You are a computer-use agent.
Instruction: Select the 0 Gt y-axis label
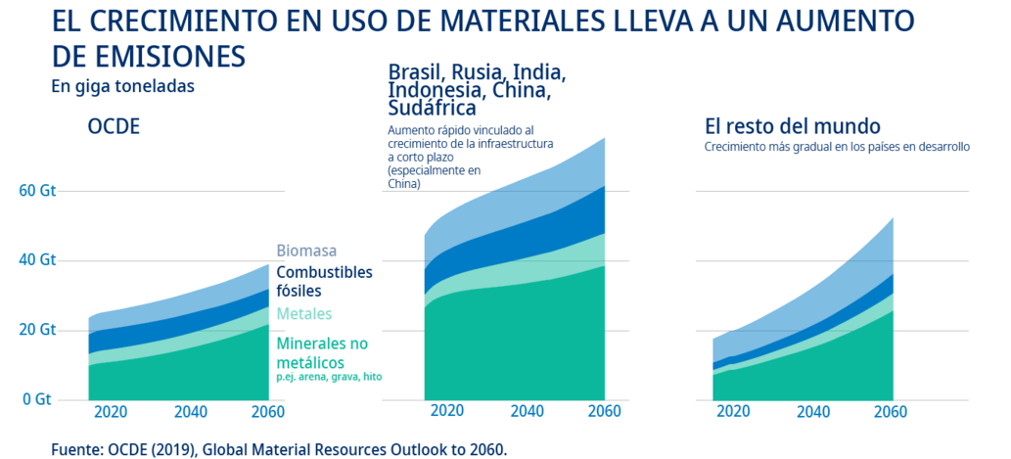(x=37, y=399)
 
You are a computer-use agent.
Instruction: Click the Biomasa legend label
(x=307, y=251)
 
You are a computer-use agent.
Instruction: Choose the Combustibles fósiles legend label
(x=325, y=282)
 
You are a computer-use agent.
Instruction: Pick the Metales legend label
(x=304, y=314)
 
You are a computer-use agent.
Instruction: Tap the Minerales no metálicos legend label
(x=322, y=353)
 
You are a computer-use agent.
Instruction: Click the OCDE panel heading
(x=114, y=127)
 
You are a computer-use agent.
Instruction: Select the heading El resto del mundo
(x=793, y=126)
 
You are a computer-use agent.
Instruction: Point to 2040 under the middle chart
(x=528, y=411)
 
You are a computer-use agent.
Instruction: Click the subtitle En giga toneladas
(x=122, y=86)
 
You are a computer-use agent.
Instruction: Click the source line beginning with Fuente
(x=279, y=449)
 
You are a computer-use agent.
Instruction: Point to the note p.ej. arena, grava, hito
(x=329, y=378)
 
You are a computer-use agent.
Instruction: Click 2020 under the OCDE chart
(x=110, y=411)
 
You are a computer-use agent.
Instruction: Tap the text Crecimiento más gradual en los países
(x=837, y=147)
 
